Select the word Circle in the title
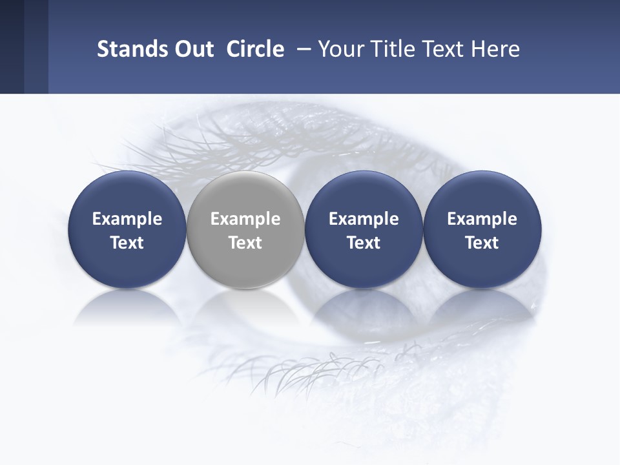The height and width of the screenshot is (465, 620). click(255, 49)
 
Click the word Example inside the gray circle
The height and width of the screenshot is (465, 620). click(245, 219)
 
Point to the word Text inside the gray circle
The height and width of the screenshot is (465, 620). click(245, 243)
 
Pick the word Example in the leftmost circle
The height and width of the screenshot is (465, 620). click(127, 219)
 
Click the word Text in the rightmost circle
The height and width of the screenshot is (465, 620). click(482, 243)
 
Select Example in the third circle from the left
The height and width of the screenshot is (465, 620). click(364, 219)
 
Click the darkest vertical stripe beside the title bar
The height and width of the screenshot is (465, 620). click(12, 46)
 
